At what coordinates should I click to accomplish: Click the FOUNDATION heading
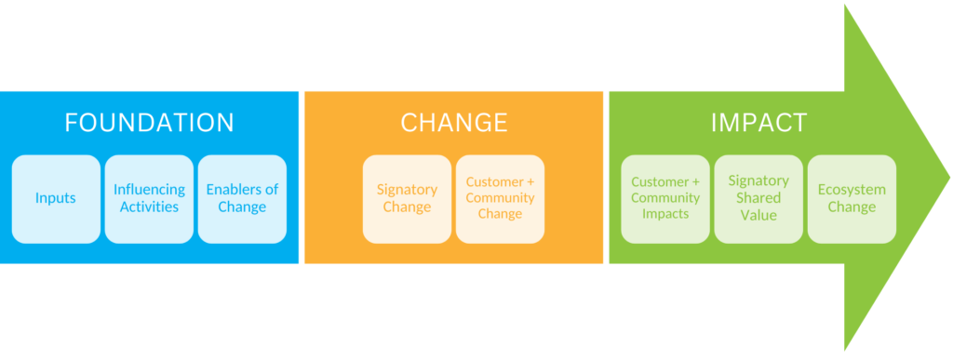coord(149,123)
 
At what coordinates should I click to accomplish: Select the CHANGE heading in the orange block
coord(454,123)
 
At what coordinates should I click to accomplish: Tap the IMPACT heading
coord(758,123)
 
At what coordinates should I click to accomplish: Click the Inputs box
coord(56,198)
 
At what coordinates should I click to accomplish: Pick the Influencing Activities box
coord(149,198)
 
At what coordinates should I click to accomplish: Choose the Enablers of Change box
coord(242,198)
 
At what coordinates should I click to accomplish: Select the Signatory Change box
coord(407,198)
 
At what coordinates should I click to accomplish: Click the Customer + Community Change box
coord(500,198)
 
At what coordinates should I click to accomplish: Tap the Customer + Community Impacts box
coord(665,198)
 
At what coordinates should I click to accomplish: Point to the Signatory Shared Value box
coord(758,198)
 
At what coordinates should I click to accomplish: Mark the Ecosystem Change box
coord(852,198)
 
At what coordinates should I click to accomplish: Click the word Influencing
coord(149,190)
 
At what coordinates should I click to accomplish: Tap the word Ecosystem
coord(852,190)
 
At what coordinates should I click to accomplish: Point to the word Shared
coord(758,198)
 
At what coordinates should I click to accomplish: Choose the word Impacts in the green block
coord(665,214)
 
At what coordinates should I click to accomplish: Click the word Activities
coord(149,207)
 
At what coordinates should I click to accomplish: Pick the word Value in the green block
coord(758,215)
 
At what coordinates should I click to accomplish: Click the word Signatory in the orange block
coord(407,190)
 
